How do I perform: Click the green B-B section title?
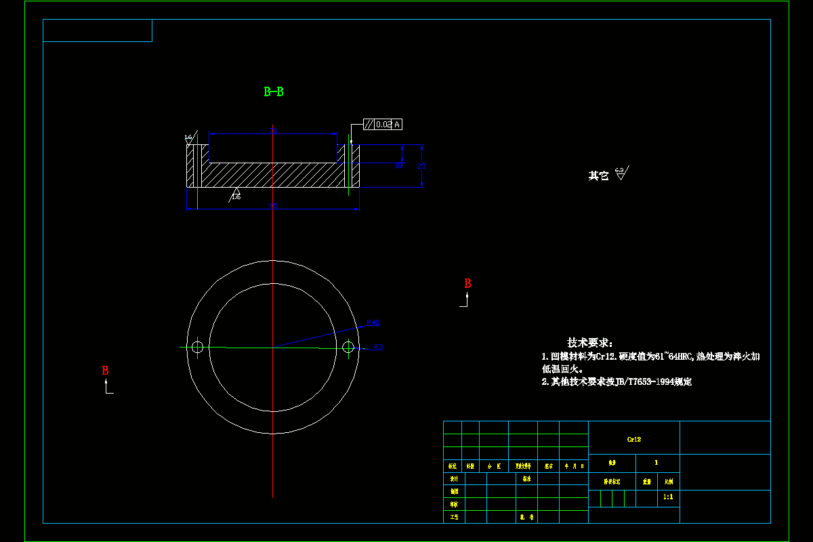click(x=274, y=91)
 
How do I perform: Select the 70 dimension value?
click(x=272, y=131)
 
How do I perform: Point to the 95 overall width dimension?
click(x=272, y=205)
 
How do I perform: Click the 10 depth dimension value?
click(x=399, y=165)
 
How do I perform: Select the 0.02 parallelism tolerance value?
click(x=383, y=124)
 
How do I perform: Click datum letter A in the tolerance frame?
click(x=397, y=124)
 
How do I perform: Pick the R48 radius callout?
click(x=373, y=322)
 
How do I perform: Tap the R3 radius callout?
click(x=378, y=347)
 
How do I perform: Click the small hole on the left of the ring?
click(x=197, y=347)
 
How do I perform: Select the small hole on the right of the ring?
click(x=348, y=347)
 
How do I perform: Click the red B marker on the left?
click(x=105, y=371)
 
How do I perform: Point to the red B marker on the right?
click(x=467, y=284)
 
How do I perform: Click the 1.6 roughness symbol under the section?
click(x=236, y=194)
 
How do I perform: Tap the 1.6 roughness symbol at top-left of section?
click(x=189, y=138)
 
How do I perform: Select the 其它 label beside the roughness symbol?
click(x=598, y=175)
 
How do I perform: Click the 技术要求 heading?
click(x=589, y=343)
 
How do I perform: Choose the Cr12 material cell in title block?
click(x=634, y=439)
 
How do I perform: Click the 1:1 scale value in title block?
click(x=668, y=497)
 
